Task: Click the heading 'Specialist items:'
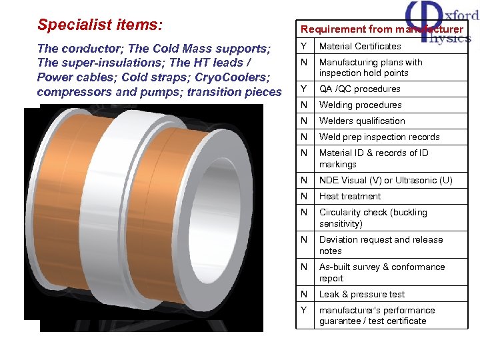click(x=99, y=25)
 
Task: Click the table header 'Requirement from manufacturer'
click(x=381, y=29)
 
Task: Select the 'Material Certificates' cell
click(x=360, y=46)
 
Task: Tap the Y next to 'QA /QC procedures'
click(x=304, y=89)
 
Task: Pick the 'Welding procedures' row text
click(x=360, y=105)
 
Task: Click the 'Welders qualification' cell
click(x=362, y=121)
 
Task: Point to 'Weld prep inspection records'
click(x=379, y=137)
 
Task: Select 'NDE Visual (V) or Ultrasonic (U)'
click(x=385, y=180)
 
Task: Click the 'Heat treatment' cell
click(x=350, y=196)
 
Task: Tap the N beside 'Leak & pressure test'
click(x=304, y=294)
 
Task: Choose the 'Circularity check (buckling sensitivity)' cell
click(x=373, y=218)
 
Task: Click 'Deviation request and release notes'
click(x=381, y=245)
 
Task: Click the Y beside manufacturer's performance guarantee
click(x=304, y=310)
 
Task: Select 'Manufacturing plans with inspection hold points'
click(x=371, y=67)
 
